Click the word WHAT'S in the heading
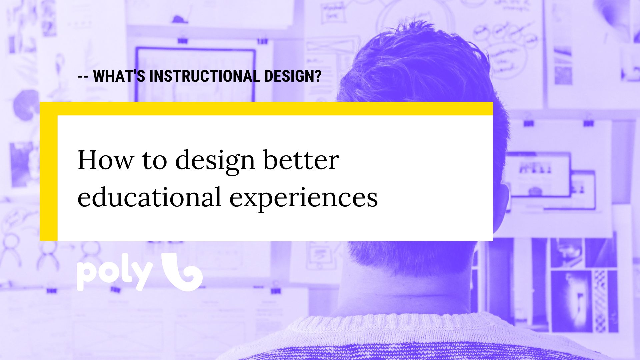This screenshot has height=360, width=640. click(119, 76)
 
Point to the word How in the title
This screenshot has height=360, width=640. click(105, 160)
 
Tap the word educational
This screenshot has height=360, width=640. click(150, 197)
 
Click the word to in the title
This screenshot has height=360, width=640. click(154, 161)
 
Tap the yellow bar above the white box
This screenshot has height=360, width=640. click(266, 109)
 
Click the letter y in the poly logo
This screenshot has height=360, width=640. click(142, 276)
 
